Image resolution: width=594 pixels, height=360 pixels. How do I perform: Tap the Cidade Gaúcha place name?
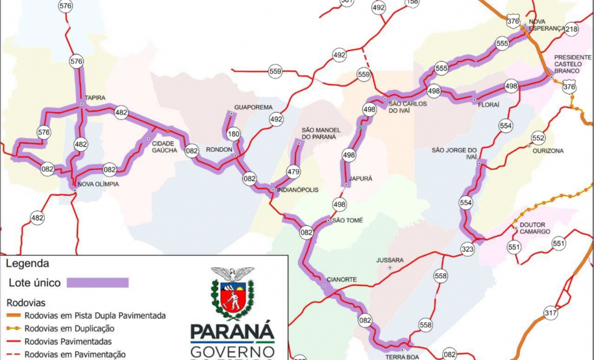(164, 147)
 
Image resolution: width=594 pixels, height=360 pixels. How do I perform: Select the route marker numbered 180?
(233, 134)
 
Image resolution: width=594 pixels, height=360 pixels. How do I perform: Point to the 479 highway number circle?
(293, 172)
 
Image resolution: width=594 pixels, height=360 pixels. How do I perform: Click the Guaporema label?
(254, 107)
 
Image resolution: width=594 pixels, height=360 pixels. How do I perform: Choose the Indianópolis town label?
(298, 190)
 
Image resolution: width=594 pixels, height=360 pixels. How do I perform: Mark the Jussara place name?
(390, 260)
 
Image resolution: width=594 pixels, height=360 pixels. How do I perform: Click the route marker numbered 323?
(468, 248)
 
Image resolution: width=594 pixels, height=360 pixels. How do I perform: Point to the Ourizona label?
(548, 150)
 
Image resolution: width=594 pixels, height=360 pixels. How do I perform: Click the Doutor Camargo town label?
(534, 228)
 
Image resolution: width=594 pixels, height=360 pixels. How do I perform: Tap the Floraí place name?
(488, 104)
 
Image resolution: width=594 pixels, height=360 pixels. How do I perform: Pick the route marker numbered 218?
(571, 29)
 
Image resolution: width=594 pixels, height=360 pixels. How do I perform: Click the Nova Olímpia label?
(98, 184)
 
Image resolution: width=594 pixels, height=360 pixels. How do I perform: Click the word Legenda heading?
(27, 264)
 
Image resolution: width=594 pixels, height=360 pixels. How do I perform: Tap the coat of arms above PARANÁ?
(232, 293)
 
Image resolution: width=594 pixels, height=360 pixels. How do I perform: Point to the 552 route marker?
(538, 138)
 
